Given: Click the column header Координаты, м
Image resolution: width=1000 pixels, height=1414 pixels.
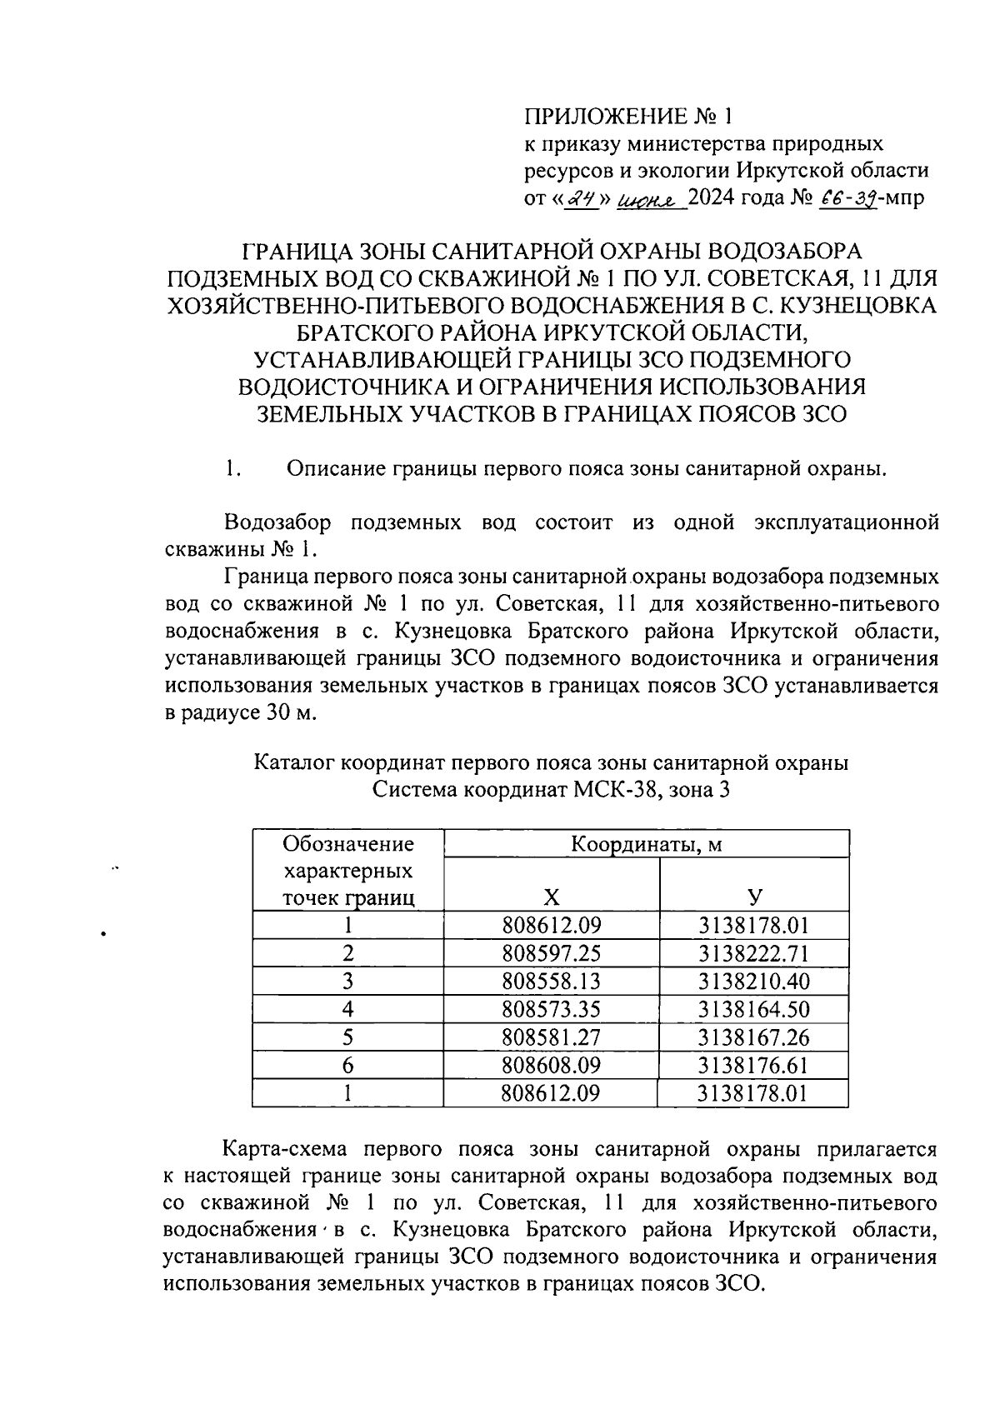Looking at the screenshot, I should tap(646, 844).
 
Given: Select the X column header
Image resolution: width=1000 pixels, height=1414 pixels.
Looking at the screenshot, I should tap(551, 897).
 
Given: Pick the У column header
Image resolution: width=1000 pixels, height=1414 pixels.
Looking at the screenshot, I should tap(753, 897).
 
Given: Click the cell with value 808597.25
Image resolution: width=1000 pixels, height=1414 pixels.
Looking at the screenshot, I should tap(551, 953).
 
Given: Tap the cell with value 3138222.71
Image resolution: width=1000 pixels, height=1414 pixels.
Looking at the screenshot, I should tap(753, 953).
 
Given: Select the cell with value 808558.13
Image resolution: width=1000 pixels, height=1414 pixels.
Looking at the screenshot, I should tap(551, 981).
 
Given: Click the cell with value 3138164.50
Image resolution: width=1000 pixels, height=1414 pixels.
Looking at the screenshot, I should tap(753, 1009).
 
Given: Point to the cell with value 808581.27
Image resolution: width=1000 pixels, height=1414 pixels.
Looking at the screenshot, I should tap(551, 1037).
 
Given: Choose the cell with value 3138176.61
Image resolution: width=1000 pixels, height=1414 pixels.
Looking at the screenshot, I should tap(753, 1065).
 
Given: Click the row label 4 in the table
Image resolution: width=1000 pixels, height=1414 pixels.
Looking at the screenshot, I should tap(347, 1009).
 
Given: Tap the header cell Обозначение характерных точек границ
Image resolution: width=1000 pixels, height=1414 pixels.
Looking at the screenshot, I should tap(347, 871).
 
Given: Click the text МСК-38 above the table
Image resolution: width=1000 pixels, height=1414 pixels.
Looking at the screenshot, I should tap(613, 790).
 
